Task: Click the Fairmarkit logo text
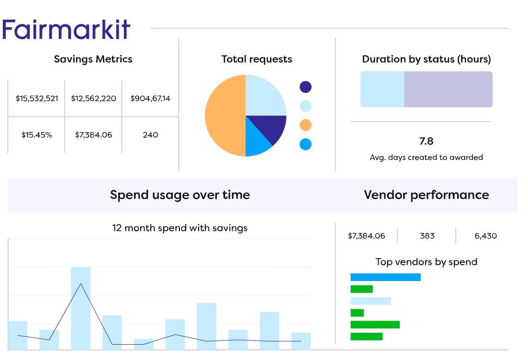point(66,30)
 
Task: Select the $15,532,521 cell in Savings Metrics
point(36,99)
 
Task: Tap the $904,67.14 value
point(150,99)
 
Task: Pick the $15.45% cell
point(36,135)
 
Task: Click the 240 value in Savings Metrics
point(150,135)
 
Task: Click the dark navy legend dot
point(305,87)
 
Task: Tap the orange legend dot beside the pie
point(305,125)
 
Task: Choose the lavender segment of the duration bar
point(448,90)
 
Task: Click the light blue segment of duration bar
point(382,90)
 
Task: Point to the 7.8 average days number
point(426,141)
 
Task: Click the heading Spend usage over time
point(180,195)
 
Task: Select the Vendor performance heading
point(426,195)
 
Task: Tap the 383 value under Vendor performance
point(427,236)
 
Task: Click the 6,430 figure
point(485,236)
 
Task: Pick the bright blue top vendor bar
point(385,277)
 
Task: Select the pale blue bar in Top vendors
point(371,301)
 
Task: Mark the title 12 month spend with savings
point(180,228)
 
